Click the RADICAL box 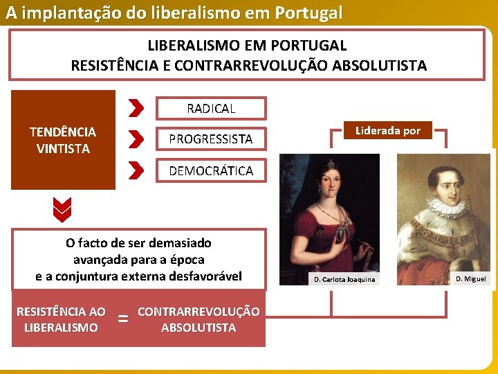point(211,109)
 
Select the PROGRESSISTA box point(211,139)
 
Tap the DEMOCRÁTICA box point(211,171)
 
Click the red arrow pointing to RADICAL point(136,108)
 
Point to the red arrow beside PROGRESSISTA point(136,139)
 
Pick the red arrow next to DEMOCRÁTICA point(136,170)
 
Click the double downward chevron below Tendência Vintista point(62,210)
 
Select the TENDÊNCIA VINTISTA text point(63,140)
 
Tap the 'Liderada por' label point(388,130)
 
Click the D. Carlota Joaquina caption point(344,280)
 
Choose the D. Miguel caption point(471,279)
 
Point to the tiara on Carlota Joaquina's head point(331,165)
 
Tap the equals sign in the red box point(123,319)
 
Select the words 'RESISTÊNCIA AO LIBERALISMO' point(61,319)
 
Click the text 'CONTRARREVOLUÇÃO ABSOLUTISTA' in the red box point(199,319)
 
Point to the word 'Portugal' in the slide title point(308,13)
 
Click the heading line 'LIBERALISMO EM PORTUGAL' point(247,46)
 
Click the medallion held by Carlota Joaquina point(340,235)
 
